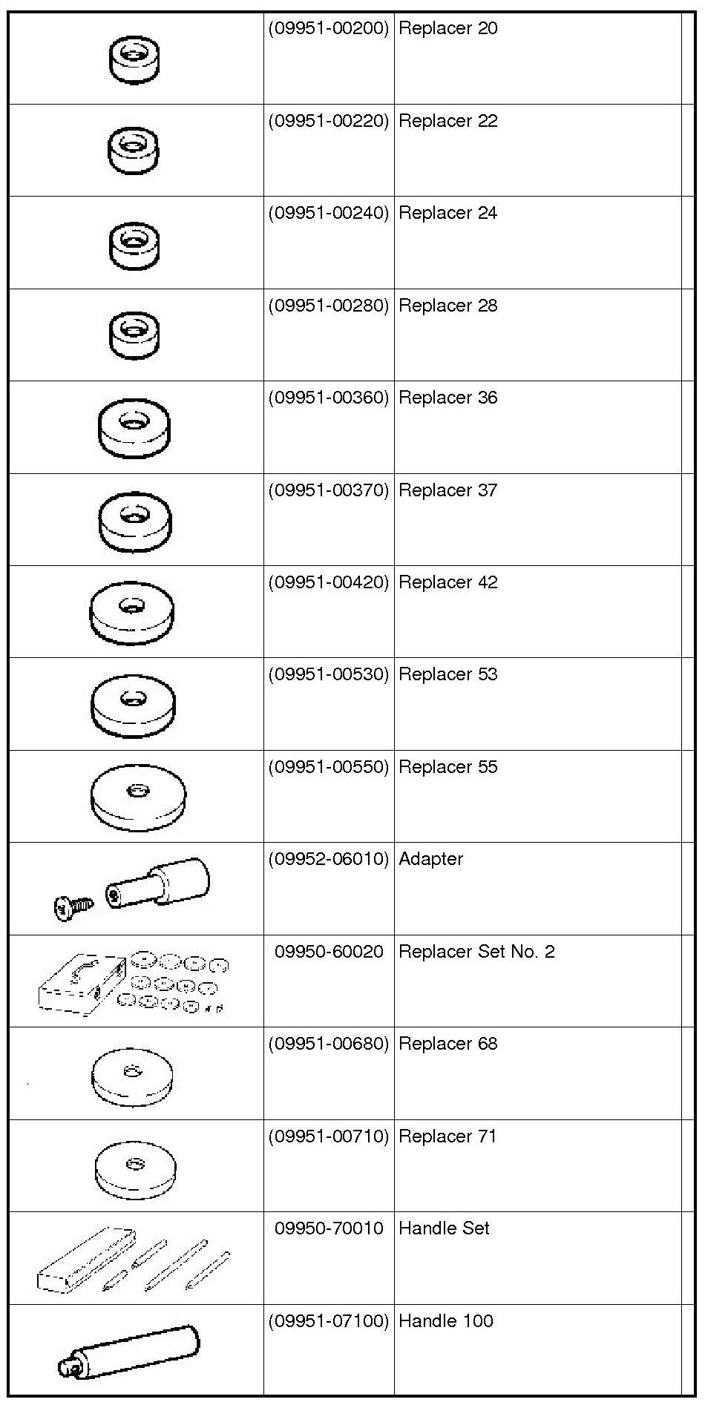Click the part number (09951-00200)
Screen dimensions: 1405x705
[x=328, y=29]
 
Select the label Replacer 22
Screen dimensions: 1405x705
[x=447, y=121]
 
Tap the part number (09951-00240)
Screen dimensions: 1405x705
[x=328, y=213]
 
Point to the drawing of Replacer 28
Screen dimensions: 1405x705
[x=134, y=335]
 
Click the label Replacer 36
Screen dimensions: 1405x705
[x=447, y=398]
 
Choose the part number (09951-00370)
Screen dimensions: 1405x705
[x=328, y=490]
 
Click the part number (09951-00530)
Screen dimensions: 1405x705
[x=328, y=674]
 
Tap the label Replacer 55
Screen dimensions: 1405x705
[x=447, y=767]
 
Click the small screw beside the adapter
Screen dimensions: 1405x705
[x=73, y=906]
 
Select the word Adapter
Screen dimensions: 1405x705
[x=430, y=859]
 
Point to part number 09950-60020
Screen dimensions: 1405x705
[x=329, y=952]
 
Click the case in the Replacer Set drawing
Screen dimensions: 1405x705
[x=80, y=985]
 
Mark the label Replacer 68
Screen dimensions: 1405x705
[x=447, y=1044]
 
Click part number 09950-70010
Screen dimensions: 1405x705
[x=329, y=1228]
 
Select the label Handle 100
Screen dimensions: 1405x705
[x=445, y=1321]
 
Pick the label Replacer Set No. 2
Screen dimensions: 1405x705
[x=476, y=952]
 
